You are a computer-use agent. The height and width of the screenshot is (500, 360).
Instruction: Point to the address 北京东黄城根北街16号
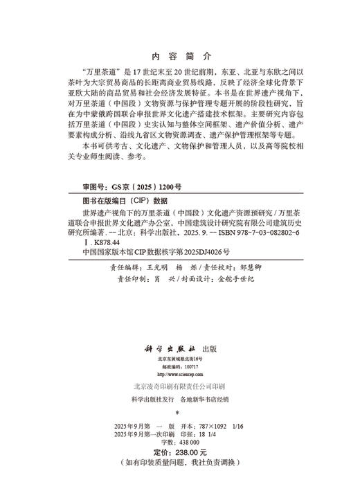pos(179,343)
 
